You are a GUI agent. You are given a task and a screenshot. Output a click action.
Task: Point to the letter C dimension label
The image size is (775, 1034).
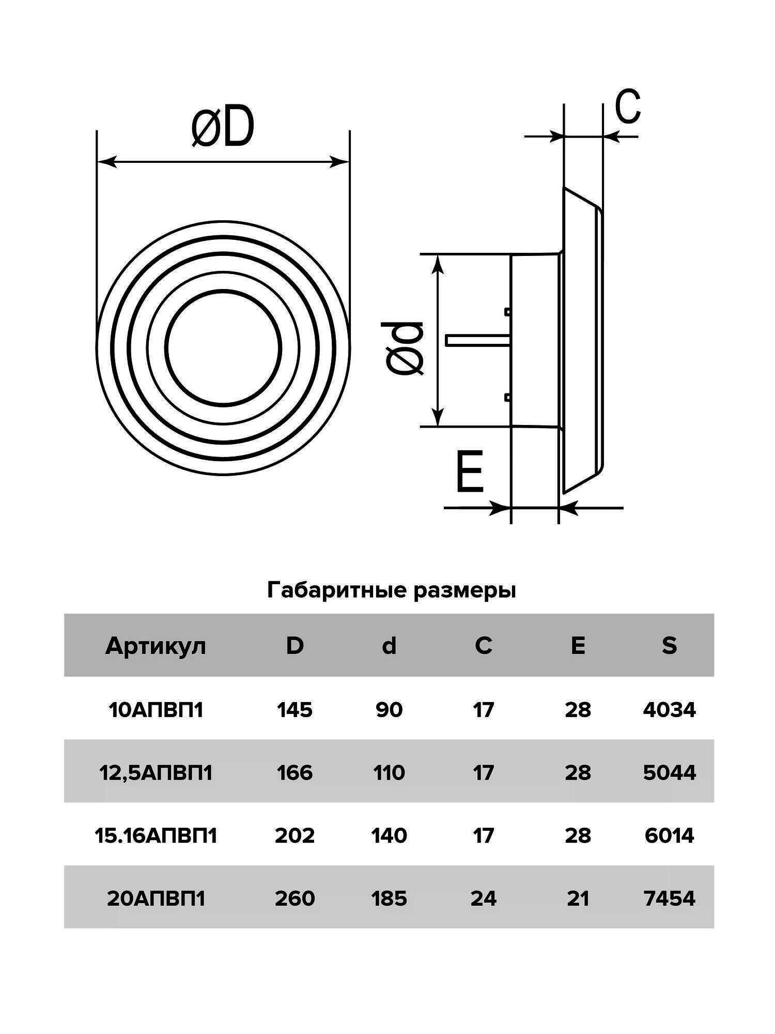628,106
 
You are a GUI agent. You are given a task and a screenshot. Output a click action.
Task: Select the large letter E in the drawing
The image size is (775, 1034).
470,471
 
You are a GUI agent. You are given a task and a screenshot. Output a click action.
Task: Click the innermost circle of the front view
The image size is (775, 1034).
223,346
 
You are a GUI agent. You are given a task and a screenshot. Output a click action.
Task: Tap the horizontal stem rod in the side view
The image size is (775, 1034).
478,340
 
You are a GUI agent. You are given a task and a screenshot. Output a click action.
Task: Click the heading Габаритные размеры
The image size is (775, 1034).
391,590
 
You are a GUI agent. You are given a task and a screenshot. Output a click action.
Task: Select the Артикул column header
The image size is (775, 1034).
156,646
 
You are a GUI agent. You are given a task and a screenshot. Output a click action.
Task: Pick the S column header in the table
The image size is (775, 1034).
669,646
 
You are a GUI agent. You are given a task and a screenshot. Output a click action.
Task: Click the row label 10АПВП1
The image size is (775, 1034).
156,710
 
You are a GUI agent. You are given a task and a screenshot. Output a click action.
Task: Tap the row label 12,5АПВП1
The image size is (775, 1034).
156,773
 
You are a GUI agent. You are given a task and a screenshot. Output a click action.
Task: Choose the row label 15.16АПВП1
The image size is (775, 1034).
156,836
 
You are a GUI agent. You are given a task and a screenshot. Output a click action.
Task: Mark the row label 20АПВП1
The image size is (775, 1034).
156,899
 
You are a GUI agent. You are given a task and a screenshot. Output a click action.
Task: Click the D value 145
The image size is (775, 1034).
295,710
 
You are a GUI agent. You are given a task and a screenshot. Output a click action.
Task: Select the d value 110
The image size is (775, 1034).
389,773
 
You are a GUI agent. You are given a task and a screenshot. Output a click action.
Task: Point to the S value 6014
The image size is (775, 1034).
669,836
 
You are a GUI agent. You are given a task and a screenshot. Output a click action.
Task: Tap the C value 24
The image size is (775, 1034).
483,899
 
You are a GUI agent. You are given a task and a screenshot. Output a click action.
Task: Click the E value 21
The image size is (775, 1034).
577,899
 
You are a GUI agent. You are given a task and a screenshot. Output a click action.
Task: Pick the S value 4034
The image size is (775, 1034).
669,710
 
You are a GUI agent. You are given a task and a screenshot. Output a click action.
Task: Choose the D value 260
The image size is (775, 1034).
295,899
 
